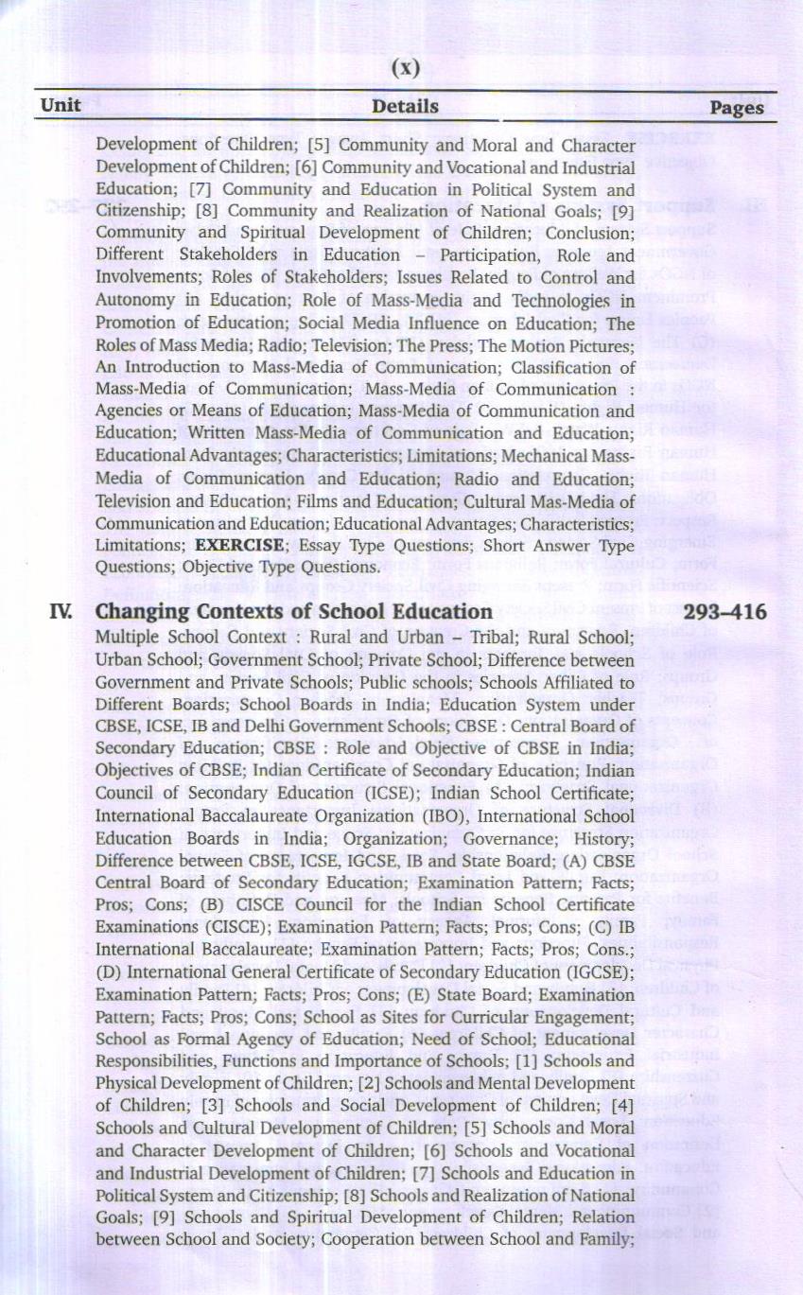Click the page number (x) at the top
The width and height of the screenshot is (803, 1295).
[405, 67]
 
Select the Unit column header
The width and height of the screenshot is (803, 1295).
[61, 106]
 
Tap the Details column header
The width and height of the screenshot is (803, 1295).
[405, 106]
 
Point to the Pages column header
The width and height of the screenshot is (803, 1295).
[736, 108]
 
